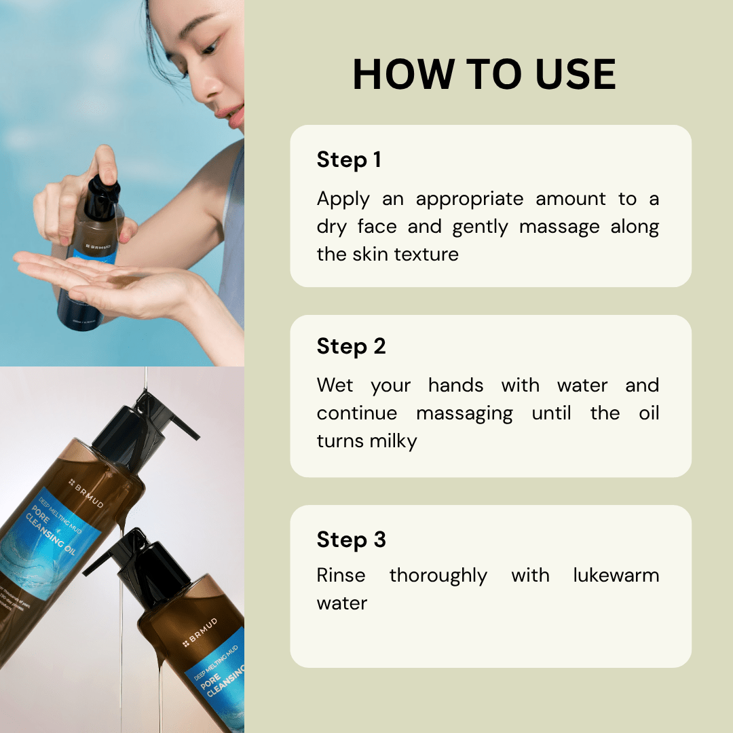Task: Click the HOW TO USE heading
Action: click(x=484, y=75)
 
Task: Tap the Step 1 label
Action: click(x=349, y=160)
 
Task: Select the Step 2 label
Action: click(x=351, y=347)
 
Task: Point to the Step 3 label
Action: click(x=351, y=540)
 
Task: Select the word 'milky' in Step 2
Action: click(x=393, y=442)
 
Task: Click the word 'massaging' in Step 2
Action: click(x=464, y=414)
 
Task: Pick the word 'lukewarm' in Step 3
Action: click(x=616, y=576)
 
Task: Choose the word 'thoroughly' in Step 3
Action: click(x=438, y=576)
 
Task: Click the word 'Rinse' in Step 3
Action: click(x=341, y=576)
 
